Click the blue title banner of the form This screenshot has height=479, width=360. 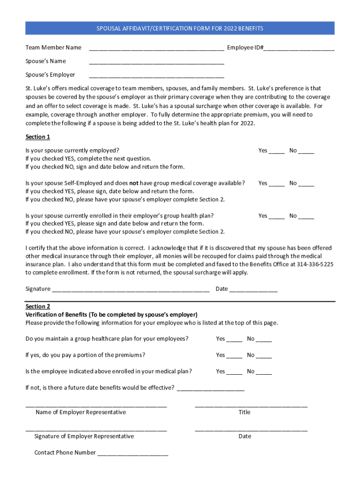(x=180, y=29)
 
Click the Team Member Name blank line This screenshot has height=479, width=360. (x=156, y=49)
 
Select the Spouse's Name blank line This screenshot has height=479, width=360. (x=156, y=62)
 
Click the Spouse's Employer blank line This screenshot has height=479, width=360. (x=156, y=76)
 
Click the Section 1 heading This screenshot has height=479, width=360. (x=37, y=137)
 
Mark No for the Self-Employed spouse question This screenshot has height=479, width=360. (x=306, y=184)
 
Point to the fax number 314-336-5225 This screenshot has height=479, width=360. (x=315, y=264)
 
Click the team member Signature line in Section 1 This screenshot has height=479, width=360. (x=130, y=290)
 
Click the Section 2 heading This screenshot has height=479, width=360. (x=37, y=306)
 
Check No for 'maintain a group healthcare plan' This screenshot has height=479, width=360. (x=264, y=340)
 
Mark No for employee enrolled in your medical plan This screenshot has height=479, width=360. (x=264, y=373)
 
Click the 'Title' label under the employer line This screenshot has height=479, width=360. (x=244, y=412)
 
